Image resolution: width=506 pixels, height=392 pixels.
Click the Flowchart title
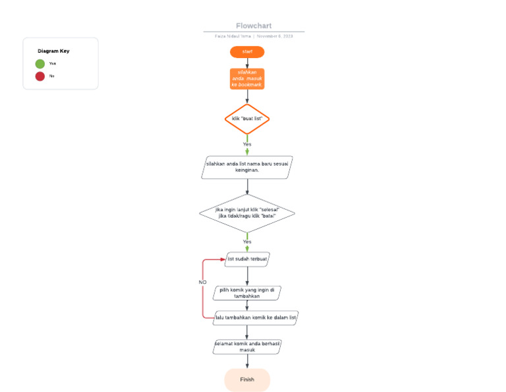[x=254, y=26]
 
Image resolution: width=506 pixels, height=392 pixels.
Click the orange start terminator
[x=247, y=51]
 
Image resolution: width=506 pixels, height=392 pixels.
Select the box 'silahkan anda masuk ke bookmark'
[x=247, y=79]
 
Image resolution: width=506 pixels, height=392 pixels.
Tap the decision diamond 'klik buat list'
[x=247, y=119]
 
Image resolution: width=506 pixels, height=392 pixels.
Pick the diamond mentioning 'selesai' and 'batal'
[x=247, y=213]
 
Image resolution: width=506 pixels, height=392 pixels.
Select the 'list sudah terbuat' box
[x=248, y=259]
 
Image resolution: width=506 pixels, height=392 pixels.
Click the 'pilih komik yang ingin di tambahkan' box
[x=247, y=292]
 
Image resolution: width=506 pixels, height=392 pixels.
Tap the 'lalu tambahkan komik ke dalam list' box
[x=256, y=317]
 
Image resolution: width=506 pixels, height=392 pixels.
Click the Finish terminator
[x=247, y=379]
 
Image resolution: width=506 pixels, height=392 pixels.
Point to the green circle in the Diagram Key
[x=40, y=64]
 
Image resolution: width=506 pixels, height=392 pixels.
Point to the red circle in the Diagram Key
[x=40, y=76]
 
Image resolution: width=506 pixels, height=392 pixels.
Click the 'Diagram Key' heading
[x=53, y=51]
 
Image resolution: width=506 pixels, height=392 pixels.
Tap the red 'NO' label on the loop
[x=203, y=282]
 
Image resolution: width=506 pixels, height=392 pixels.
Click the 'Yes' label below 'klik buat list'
[x=247, y=144]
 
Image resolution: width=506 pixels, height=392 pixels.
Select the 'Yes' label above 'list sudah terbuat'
[x=247, y=242]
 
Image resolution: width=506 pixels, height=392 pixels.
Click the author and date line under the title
[x=254, y=36]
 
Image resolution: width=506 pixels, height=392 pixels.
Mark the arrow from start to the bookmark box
[x=247, y=63]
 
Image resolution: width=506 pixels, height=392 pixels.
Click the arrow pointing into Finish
[x=247, y=362]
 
